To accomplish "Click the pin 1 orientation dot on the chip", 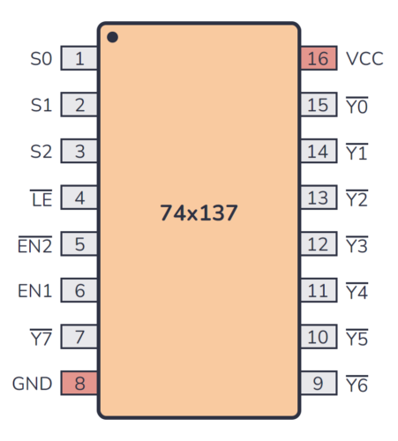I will coord(112,37).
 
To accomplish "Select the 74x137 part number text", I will coord(199,213).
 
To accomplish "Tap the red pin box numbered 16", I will coord(318,59).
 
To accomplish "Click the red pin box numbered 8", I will coord(79,384).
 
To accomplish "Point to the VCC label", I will coord(364,59).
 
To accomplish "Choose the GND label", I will coord(32,384).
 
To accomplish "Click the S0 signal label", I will coord(41,59).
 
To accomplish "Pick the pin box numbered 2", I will coord(79,106).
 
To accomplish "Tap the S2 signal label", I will coord(41,152).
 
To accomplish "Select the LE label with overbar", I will coord(41,198).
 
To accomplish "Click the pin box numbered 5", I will coord(79,244).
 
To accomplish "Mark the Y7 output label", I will coord(41,337).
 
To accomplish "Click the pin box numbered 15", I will coord(318,106).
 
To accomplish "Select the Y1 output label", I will coord(357,152).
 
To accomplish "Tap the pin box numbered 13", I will coord(318,198).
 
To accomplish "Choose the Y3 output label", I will coord(357,244).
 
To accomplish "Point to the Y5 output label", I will coord(357,337).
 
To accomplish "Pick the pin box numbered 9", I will coord(318,384).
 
